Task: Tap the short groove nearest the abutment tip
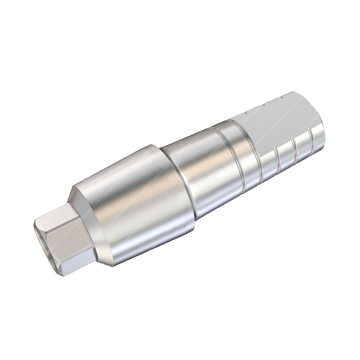(x=311, y=142)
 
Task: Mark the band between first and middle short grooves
(x=286, y=157)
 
